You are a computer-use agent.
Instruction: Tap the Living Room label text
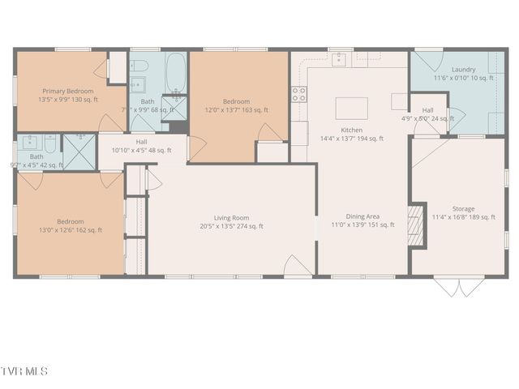tap(231, 217)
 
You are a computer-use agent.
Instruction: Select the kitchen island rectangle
tap(352, 108)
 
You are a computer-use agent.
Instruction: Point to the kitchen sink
tap(340, 58)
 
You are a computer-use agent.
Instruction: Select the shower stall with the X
tap(79, 150)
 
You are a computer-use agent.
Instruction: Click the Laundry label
tap(440, 70)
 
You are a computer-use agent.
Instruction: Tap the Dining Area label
tap(362, 216)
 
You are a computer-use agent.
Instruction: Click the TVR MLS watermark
tap(25, 371)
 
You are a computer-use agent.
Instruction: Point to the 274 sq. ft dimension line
tap(231, 226)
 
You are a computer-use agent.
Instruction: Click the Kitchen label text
tap(351, 130)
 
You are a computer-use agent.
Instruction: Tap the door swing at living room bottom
tap(298, 266)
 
